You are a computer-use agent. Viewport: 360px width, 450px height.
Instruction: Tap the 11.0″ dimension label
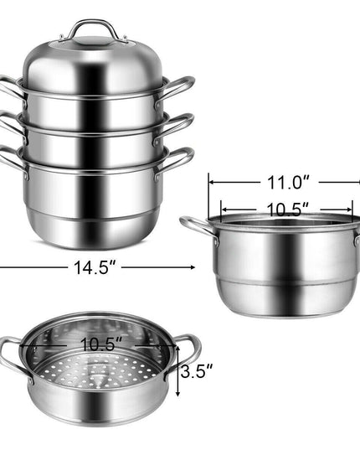pos(289,182)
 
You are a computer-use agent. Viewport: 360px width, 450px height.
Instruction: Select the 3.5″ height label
pos(197,371)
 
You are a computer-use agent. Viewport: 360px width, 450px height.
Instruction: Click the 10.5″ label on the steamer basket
pos(101,344)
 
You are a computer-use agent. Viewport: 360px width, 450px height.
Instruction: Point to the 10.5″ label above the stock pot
pos(288,209)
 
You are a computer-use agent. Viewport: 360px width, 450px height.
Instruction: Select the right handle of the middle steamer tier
pos(174,127)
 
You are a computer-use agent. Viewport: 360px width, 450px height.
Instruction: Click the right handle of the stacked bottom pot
pos(174,161)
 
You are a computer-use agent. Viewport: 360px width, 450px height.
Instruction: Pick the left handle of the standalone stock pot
pos(198,227)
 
